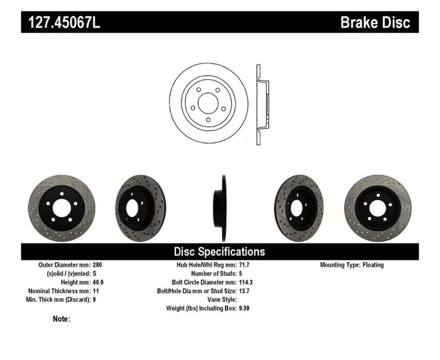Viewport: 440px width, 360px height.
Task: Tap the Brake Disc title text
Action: (x=375, y=23)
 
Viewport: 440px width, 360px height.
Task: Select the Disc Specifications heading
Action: (x=219, y=252)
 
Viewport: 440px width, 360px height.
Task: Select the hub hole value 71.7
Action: (x=245, y=265)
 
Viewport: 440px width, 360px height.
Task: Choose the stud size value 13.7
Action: (x=245, y=291)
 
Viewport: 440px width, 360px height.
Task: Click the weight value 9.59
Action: (x=245, y=308)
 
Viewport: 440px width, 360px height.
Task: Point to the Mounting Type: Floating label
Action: (x=351, y=265)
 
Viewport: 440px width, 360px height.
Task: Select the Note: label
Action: (x=61, y=319)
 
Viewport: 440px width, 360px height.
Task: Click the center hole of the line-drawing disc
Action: (x=208, y=103)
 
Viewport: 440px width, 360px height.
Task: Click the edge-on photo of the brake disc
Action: (x=220, y=207)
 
